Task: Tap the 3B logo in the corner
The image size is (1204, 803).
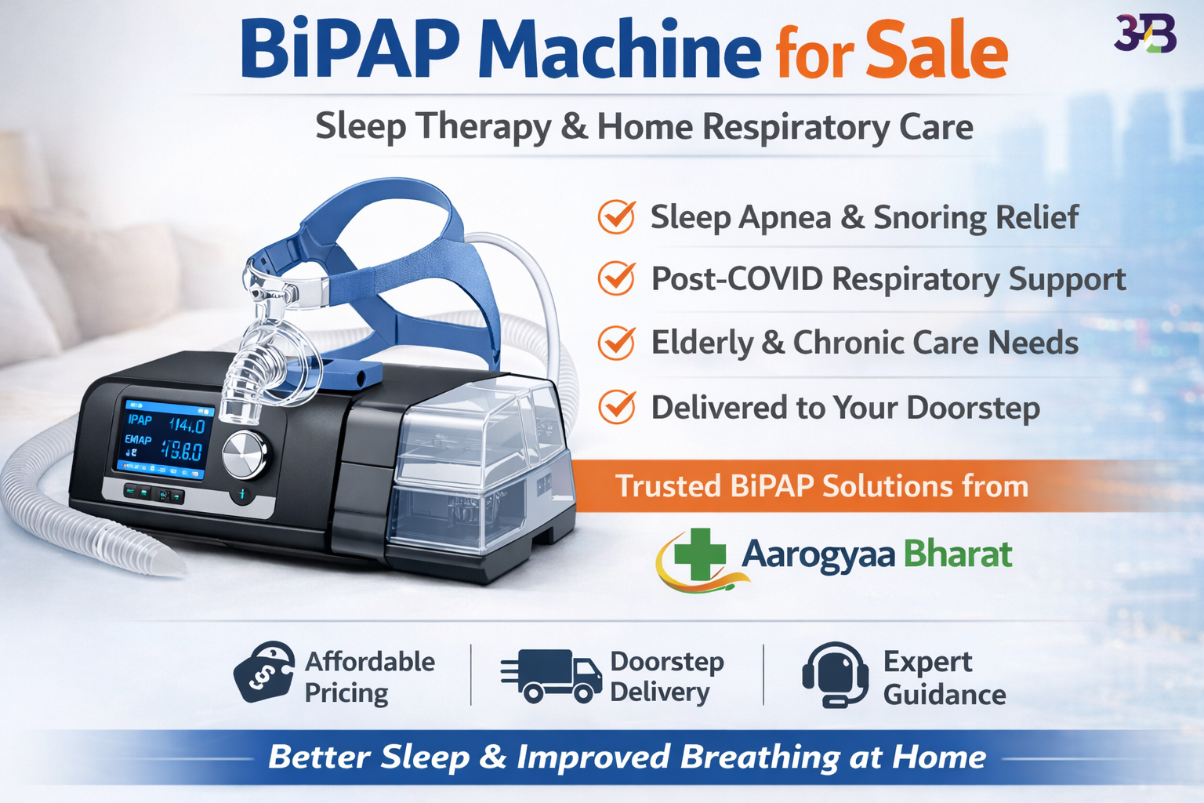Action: pos(1145,34)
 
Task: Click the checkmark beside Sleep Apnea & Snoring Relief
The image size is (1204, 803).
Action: pos(617,217)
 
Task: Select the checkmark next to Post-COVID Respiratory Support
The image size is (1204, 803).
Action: pos(617,278)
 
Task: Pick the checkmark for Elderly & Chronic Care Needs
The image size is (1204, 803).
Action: pos(617,343)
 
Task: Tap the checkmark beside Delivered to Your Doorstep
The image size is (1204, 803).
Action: pos(617,407)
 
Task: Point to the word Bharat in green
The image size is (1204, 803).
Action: pos(957,554)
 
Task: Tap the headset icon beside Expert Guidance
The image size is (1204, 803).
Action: pos(835,674)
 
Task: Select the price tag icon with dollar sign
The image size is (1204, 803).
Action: pos(264,672)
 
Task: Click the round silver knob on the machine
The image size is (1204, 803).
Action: pos(245,455)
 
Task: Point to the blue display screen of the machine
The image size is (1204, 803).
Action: pos(166,439)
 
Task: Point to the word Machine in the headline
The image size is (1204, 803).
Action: pos(619,51)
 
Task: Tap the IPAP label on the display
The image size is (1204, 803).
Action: pos(140,420)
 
